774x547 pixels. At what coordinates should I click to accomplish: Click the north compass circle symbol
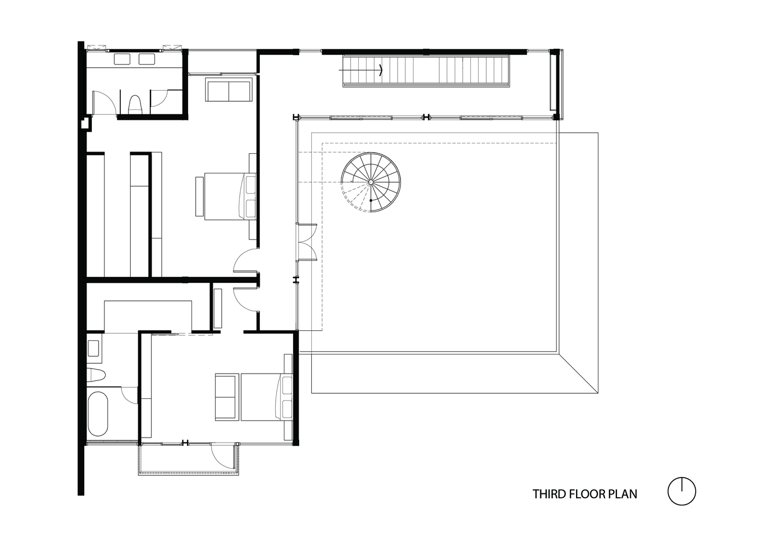682,491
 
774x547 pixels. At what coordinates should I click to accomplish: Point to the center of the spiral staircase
371,182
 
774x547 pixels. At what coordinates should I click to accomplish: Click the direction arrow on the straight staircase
360,70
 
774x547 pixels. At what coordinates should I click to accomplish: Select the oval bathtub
98,414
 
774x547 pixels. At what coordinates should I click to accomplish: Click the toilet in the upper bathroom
135,104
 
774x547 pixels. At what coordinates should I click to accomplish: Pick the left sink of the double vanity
123,59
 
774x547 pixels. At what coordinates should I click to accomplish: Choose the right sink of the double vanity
147,59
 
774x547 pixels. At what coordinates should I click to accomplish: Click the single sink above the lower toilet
94,348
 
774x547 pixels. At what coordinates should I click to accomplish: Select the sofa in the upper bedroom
229,90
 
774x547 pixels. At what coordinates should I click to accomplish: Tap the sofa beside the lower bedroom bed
227,397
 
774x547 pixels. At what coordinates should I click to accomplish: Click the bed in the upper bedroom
230,196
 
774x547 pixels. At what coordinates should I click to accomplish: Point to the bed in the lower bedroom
267,397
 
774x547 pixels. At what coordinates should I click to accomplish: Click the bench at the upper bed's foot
199,196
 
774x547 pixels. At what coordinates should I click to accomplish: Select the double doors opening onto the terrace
306,242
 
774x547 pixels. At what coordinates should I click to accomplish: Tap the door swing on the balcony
223,456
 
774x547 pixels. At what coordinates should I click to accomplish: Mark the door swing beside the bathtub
130,395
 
